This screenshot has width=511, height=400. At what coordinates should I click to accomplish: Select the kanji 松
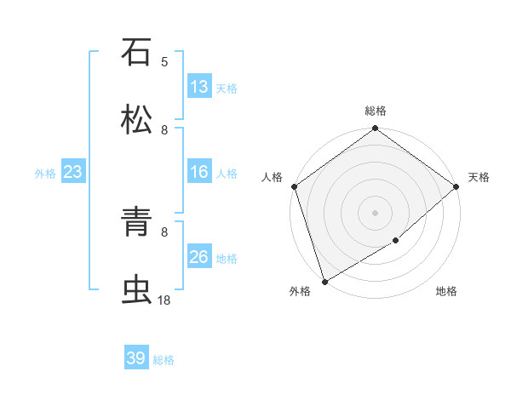click(x=136, y=119)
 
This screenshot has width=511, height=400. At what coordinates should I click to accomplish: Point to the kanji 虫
click(x=136, y=289)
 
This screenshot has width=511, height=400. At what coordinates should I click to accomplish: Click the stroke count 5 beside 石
click(x=164, y=61)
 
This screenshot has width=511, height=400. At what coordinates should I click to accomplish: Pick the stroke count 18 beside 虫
click(x=164, y=300)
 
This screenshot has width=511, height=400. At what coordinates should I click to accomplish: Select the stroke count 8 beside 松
click(x=164, y=130)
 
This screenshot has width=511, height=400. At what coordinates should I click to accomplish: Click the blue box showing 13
click(x=199, y=87)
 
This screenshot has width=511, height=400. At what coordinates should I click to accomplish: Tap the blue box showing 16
click(x=199, y=173)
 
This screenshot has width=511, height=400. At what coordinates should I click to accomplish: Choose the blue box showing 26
click(x=199, y=257)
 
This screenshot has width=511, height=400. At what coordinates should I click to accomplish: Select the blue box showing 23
click(x=73, y=173)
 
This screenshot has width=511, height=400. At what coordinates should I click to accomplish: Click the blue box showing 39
click(x=136, y=358)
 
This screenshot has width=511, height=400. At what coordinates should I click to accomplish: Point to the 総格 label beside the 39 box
click(x=164, y=360)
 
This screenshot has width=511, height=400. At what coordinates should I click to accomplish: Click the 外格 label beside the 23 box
click(x=45, y=174)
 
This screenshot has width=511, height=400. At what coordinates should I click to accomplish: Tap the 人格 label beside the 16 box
click(x=227, y=174)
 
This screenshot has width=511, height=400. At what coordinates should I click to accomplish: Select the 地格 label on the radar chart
click(x=446, y=292)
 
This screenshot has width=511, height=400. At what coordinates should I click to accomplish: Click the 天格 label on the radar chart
click(x=479, y=177)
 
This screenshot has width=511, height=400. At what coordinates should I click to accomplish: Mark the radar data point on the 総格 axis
click(x=375, y=129)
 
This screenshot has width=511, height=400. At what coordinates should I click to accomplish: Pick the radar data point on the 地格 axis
click(x=396, y=241)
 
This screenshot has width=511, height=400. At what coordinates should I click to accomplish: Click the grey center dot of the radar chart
click(x=375, y=212)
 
